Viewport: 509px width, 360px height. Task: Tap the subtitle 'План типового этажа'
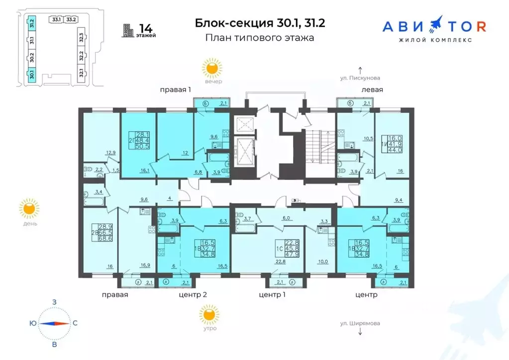pyautogui.click(x=259, y=38)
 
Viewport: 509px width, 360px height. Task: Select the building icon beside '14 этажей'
pyautogui.click(x=129, y=30)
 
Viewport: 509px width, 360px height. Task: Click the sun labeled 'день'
pyautogui.click(x=29, y=208)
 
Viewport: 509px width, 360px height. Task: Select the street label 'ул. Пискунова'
pyautogui.click(x=360, y=78)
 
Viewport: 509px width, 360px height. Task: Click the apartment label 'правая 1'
pyautogui.click(x=176, y=90)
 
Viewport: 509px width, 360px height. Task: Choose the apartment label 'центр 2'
pyautogui.click(x=193, y=294)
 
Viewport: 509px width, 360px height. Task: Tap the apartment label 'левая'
pyautogui.click(x=372, y=90)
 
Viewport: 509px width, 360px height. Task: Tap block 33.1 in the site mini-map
pyautogui.click(x=56, y=20)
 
